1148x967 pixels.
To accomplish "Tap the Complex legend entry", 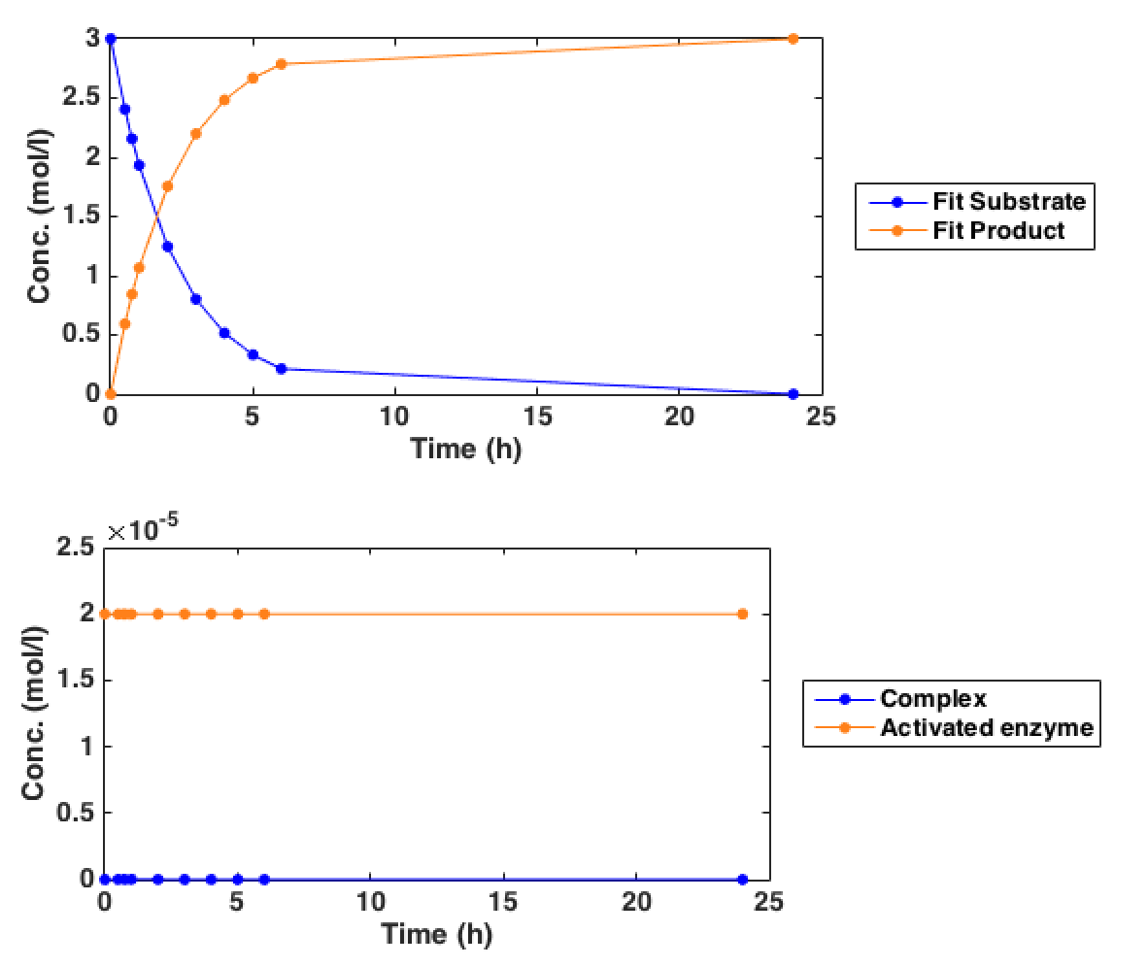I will coord(932,699).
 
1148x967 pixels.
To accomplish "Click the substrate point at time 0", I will coord(111,39).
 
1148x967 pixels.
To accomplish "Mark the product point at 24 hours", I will coord(793,39).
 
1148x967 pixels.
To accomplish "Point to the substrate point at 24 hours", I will coord(793,394).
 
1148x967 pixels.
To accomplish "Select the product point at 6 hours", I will coord(282,64).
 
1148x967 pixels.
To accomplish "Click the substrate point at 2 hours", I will coord(167,247).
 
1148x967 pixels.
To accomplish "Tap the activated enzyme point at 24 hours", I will coord(742,614).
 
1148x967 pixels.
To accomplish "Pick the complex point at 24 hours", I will coord(742,880).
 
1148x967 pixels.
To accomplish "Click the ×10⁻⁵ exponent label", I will coord(143,531).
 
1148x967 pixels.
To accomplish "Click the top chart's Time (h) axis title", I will coord(466,449).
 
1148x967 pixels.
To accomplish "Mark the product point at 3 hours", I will coord(196,134).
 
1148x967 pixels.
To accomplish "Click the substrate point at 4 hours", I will coord(224,333).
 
